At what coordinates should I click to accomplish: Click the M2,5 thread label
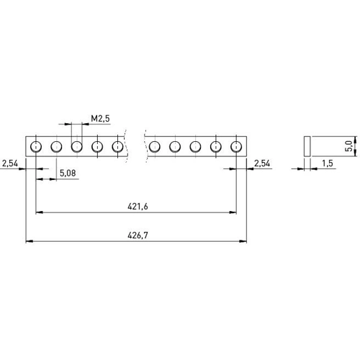(100, 118)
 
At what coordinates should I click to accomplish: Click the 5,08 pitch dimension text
(68, 173)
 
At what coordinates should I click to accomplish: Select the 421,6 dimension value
(138, 207)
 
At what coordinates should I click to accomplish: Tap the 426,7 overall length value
(138, 235)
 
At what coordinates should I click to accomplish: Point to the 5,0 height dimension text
(349, 146)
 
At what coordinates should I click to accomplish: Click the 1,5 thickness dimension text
(328, 163)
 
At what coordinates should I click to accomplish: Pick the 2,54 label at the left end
(10, 163)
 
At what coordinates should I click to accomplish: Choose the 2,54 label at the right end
(262, 163)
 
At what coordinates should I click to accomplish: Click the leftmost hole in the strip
(36, 146)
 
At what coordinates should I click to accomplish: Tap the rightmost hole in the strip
(236, 146)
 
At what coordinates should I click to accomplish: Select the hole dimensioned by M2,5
(77, 146)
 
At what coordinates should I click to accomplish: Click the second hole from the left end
(56, 146)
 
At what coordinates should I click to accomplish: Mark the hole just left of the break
(117, 146)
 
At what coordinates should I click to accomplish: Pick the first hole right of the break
(155, 146)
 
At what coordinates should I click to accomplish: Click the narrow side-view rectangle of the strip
(307, 146)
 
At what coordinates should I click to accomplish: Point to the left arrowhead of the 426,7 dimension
(29, 241)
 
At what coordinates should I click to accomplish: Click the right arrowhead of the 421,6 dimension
(233, 212)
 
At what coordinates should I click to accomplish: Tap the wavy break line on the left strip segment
(126, 146)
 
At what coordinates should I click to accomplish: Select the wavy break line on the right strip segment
(145, 146)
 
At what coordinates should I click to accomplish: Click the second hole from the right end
(216, 146)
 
